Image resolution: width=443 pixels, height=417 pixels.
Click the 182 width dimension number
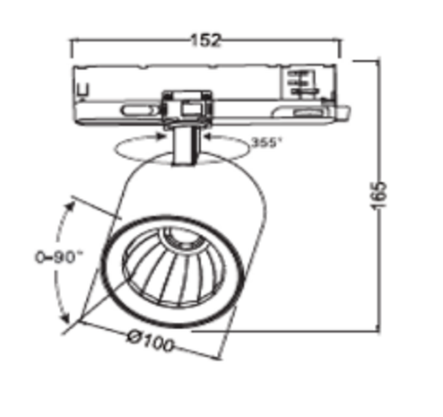tap(204, 39)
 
